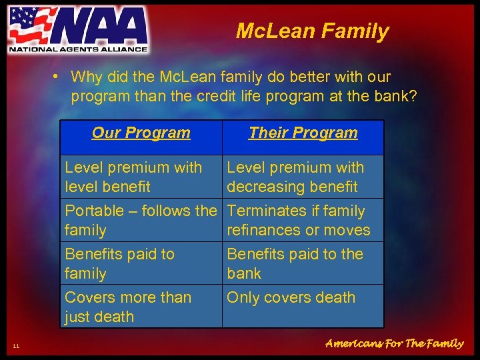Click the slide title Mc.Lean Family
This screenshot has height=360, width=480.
point(312,31)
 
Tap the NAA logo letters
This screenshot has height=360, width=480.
point(99,27)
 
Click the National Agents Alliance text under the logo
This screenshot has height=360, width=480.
point(77,49)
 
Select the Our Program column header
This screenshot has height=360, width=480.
point(141,133)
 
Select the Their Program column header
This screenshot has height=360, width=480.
point(303,133)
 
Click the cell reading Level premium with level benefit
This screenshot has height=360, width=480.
point(141,177)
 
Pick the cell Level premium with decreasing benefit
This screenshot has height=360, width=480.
point(303,177)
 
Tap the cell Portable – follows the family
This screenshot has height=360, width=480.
point(141,220)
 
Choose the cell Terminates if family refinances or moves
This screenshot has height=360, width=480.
point(303,220)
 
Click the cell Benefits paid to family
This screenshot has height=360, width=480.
point(141,263)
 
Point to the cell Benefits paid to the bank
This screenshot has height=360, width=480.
point(303,263)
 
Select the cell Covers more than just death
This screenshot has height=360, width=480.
point(141,307)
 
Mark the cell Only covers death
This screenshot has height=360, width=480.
point(303,298)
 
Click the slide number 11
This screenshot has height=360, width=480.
point(16,345)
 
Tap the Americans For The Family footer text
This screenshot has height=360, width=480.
point(394,343)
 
